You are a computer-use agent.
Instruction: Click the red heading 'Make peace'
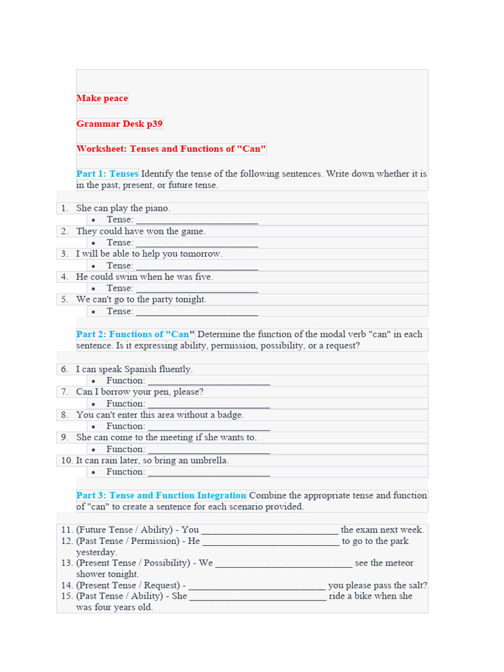102,98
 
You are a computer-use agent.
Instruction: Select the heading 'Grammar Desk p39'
119,123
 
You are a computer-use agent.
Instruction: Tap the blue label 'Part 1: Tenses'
108,174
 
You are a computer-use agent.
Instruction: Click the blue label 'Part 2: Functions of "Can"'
135,334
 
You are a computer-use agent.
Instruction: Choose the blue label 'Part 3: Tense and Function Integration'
161,495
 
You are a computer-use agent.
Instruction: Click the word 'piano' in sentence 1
157,208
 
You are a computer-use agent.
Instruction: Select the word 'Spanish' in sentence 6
138,369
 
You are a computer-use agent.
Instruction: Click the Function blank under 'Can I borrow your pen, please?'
209,404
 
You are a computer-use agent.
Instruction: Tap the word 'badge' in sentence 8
230,415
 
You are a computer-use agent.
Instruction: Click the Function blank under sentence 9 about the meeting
209,450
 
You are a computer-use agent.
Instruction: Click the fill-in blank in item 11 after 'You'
270,530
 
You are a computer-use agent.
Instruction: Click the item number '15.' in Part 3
67,596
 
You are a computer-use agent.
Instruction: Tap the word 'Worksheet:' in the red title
102,149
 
